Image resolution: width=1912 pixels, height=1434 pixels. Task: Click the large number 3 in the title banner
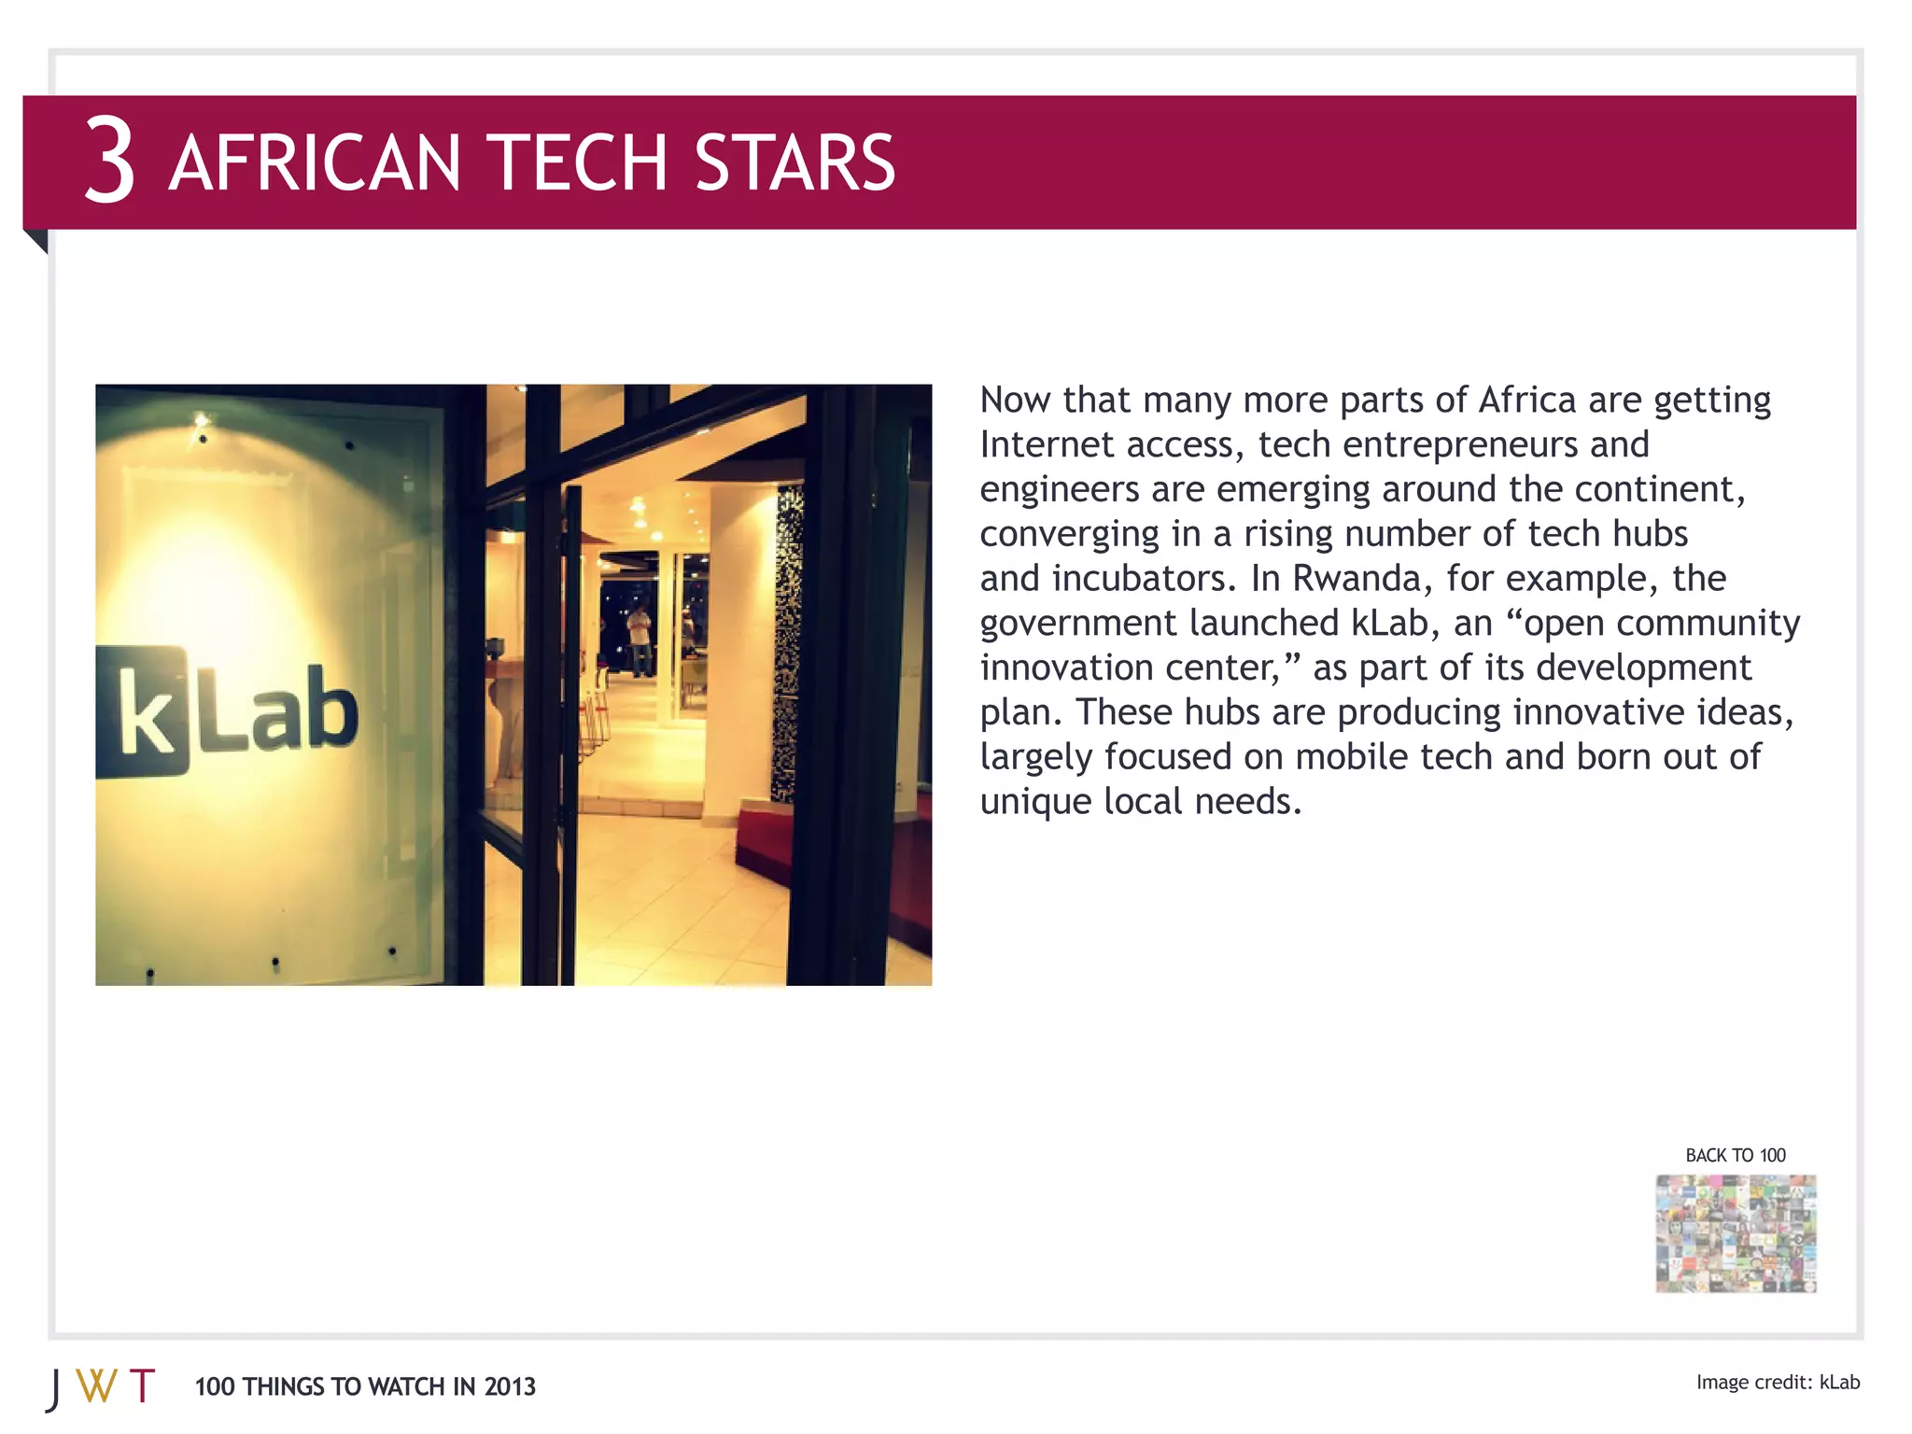pos(110,161)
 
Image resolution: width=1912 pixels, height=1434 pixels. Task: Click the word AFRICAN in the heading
pos(315,163)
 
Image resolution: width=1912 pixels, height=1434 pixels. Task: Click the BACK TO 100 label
pos(1735,1156)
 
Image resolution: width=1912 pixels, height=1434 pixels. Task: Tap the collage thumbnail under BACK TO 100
pos(1736,1233)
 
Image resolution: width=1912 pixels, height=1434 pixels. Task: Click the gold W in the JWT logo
pos(96,1386)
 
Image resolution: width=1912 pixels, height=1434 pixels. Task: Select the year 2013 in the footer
pos(510,1387)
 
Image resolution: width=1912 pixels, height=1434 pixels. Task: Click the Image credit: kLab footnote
pos(1778,1383)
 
